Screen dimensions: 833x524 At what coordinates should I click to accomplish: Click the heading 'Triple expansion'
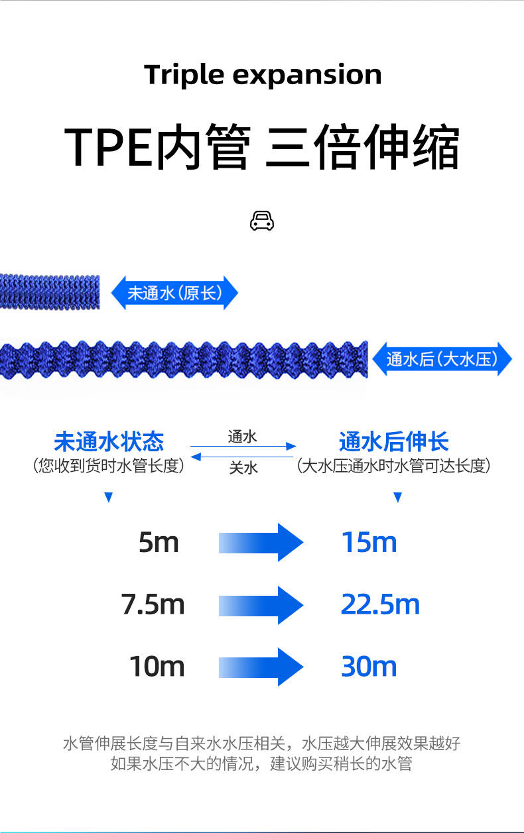pos(263,75)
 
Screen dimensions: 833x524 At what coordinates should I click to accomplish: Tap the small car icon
pos(262,221)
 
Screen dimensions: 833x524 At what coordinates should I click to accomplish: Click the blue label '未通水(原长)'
pos(174,293)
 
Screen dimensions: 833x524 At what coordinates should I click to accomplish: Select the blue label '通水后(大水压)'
pos(442,359)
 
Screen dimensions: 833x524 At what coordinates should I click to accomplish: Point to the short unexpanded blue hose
pos(50,291)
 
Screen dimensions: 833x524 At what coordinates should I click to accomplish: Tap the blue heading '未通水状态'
pos(109,441)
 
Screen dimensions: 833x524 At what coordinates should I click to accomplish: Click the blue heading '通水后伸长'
pos(394,441)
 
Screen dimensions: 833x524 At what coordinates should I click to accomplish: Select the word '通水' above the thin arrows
pos(242,436)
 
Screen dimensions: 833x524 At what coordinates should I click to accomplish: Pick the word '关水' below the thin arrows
pos(243,468)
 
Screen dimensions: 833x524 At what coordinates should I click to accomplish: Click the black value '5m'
pos(159,543)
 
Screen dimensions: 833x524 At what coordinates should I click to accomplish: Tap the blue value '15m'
pos(369,543)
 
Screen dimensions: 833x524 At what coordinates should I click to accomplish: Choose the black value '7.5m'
pos(153,604)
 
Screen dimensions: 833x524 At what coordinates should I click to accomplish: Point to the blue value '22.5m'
pos(380,604)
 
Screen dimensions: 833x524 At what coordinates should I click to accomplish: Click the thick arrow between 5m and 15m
pos(261,543)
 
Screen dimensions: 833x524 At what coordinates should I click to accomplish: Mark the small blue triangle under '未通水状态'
pos(109,498)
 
